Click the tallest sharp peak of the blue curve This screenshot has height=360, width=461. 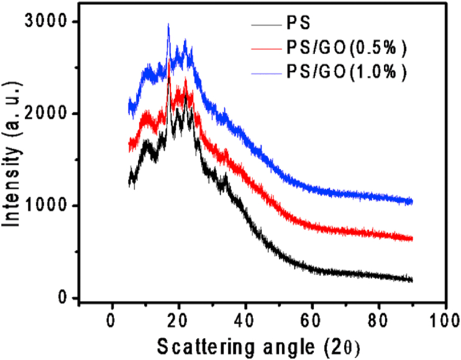click(168, 25)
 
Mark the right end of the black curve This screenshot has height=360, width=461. click(412, 280)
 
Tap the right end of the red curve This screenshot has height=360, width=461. click(412, 239)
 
